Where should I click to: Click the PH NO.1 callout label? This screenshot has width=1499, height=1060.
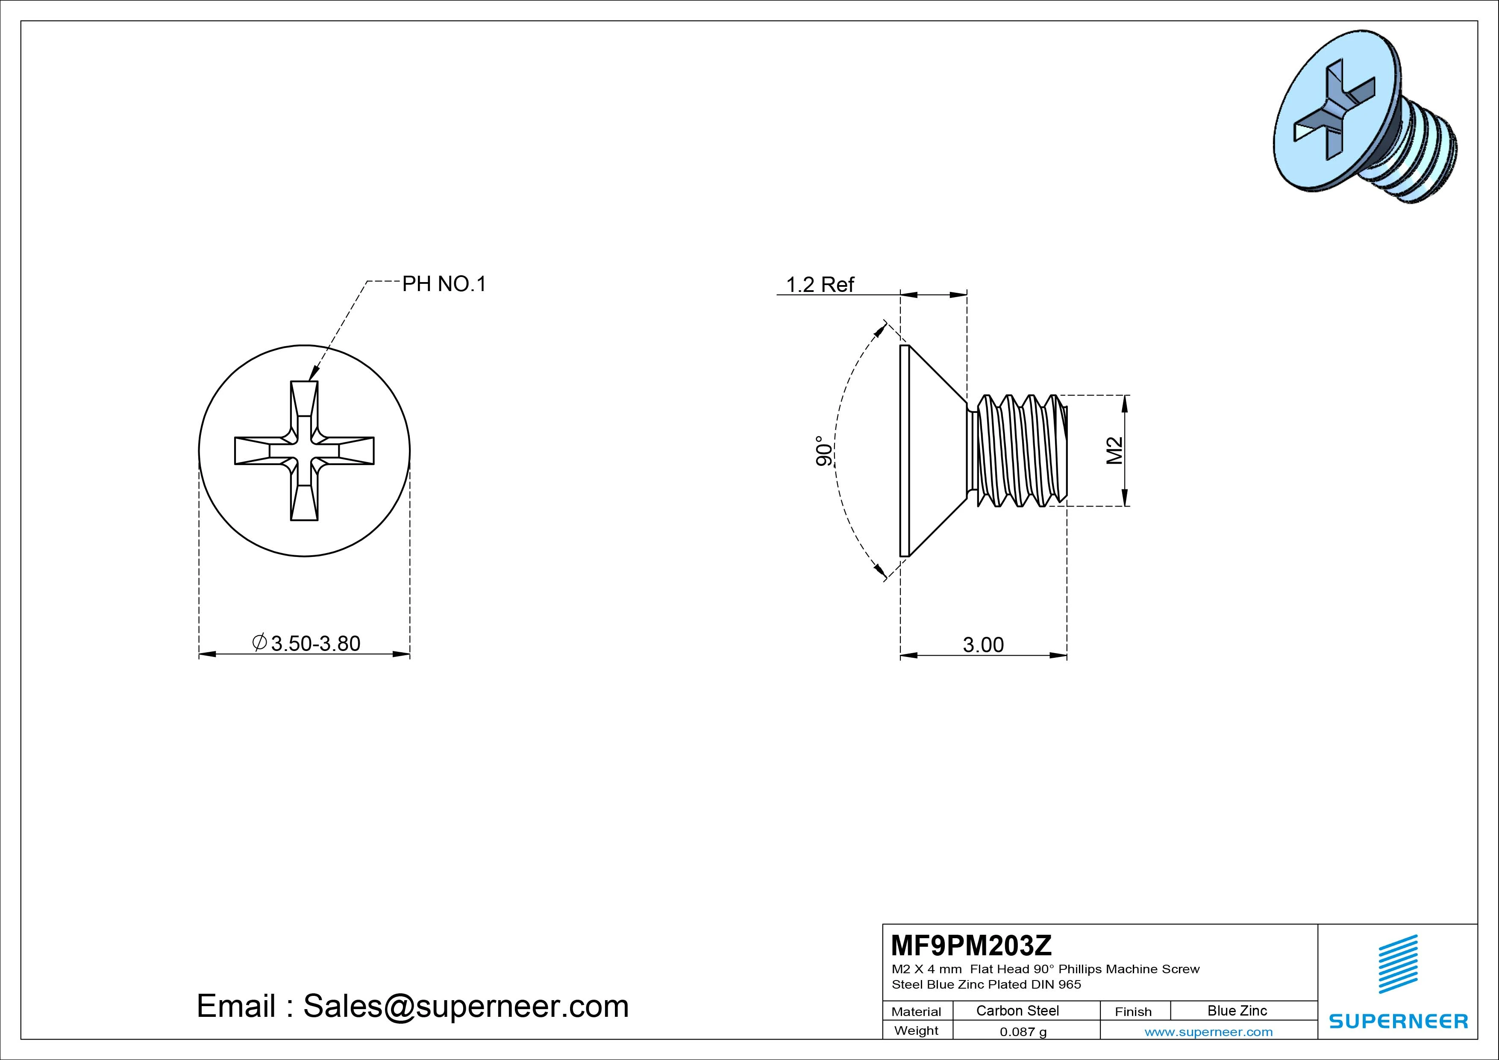(x=444, y=284)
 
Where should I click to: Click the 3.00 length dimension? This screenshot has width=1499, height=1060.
(x=983, y=645)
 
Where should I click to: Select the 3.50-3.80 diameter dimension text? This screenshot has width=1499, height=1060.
(x=315, y=643)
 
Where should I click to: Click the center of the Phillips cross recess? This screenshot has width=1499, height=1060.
(x=304, y=450)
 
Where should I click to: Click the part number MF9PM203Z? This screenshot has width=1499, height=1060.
(x=971, y=945)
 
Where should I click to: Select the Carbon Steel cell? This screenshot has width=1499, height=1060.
(x=1017, y=1010)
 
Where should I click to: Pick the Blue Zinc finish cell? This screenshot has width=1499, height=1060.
(x=1237, y=1010)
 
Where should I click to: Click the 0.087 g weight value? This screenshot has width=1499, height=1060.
(x=1023, y=1032)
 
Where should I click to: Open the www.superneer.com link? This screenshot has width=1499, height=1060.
(x=1208, y=1032)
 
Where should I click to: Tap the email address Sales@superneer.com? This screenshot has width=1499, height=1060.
(x=465, y=1006)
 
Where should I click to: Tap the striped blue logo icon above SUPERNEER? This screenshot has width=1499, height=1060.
(x=1398, y=964)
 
